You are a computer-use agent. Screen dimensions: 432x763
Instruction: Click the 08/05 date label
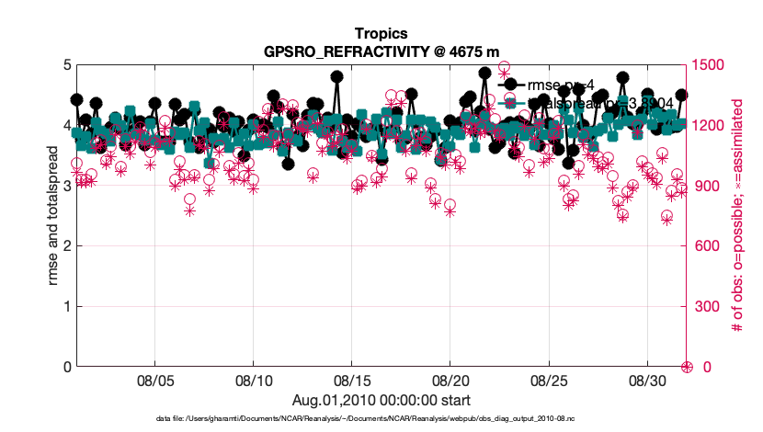click(155, 380)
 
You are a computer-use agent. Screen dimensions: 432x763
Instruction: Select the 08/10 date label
click(254, 380)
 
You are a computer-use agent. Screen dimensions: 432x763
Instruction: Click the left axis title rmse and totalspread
click(38, 215)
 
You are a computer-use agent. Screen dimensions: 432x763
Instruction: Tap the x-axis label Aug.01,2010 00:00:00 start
click(381, 400)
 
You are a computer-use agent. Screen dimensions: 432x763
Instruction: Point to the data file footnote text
click(381, 419)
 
